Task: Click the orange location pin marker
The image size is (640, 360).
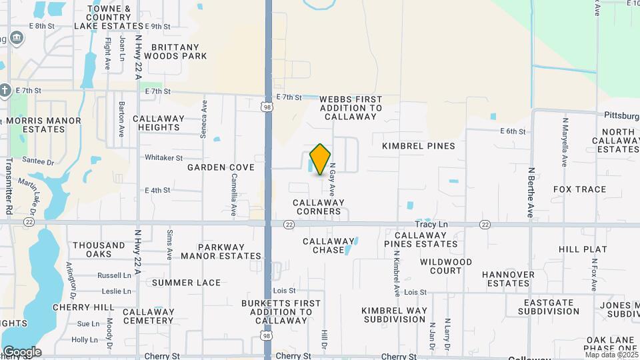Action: tap(321, 159)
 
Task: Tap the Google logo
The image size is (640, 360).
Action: tap(22, 352)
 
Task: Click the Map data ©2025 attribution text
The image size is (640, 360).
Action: tap(611, 355)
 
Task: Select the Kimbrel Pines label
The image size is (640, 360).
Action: tap(419, 146)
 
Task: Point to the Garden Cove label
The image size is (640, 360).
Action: tap(221, 167)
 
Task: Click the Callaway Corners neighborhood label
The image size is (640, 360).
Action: tap(319, 207)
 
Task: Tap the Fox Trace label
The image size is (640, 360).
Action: tap(580, 189)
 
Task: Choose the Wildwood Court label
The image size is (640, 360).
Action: tap(446, 266)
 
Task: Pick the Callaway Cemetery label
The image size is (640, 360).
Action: tap(148, 316)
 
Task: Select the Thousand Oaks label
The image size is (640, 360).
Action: tap(99, 250)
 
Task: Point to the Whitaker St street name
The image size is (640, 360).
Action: tap(163, 158)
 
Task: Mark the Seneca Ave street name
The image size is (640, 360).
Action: tap(204, 119)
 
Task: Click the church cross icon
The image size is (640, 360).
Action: tap(5, 90)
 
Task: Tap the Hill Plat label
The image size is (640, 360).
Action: tap(583, 249)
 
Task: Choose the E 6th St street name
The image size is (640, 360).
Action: tap(513, 131)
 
